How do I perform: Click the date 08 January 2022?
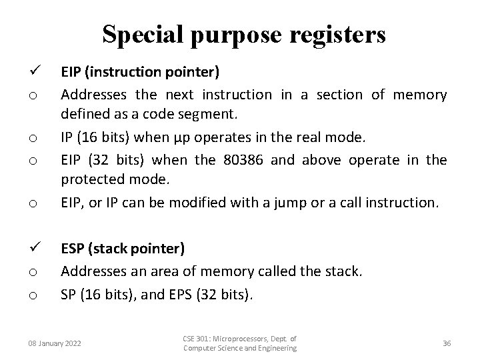pos(55,343)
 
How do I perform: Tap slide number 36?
pos(447,343)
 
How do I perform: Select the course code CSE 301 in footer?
pos(197,339)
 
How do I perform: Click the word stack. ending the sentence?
pos(343,271)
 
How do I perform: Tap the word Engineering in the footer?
pos(271,349)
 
